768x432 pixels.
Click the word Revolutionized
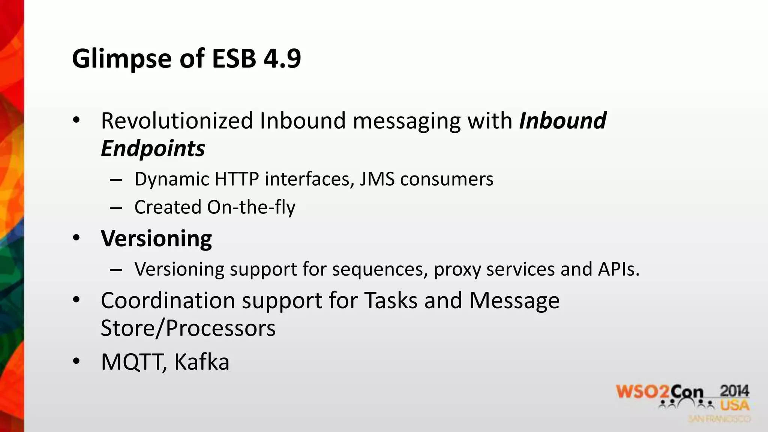click(177, 121)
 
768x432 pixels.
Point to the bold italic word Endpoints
click(153, 148)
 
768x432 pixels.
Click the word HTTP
click(236, 179)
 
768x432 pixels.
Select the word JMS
click(377, 179)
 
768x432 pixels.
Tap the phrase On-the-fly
click(251, 207)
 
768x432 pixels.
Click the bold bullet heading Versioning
click(156, 239)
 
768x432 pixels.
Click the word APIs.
click(619, 269)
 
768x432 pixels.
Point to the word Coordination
click(168, 300)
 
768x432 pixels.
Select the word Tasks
click(391, 300)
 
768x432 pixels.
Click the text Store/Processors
click(188, 328)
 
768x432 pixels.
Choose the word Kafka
click(202, 362)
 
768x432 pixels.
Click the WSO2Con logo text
click(659, 392)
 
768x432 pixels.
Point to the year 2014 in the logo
click(734, 391)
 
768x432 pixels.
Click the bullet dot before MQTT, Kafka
click(76, 361)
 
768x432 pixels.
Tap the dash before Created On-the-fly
click(116, 208)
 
